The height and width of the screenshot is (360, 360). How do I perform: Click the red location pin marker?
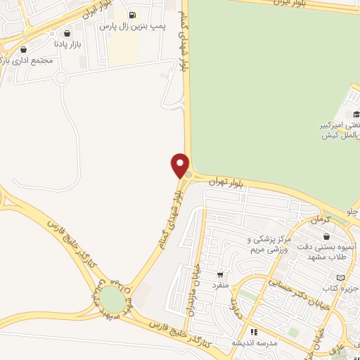point(180,165)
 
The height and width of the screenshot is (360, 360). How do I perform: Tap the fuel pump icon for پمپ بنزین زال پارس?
point(131,15)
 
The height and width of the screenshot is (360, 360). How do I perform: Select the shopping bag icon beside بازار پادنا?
point(67,33)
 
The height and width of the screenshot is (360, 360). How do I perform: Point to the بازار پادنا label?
point(70,44)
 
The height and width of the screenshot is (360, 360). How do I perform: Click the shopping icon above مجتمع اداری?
point(25,50)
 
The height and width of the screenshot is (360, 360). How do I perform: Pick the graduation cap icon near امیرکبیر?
point(356,114)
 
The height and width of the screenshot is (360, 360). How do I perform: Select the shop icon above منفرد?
point(221,275)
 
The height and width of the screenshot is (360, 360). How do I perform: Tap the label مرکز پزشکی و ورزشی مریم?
point(269,245)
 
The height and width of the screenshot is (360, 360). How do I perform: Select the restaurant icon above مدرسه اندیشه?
point(254,331)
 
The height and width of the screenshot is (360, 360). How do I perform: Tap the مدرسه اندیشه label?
point(254,342)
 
